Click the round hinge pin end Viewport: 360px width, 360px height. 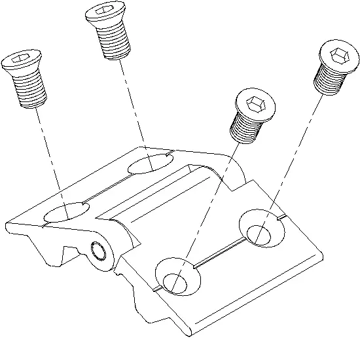pos(99,250)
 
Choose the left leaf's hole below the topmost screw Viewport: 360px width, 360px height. pos(149,164)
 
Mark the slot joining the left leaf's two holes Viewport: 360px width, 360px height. pos(108,189)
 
